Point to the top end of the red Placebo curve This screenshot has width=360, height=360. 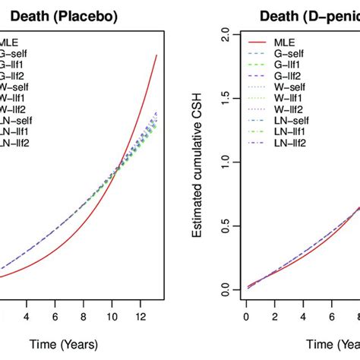[x=156, y=55]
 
